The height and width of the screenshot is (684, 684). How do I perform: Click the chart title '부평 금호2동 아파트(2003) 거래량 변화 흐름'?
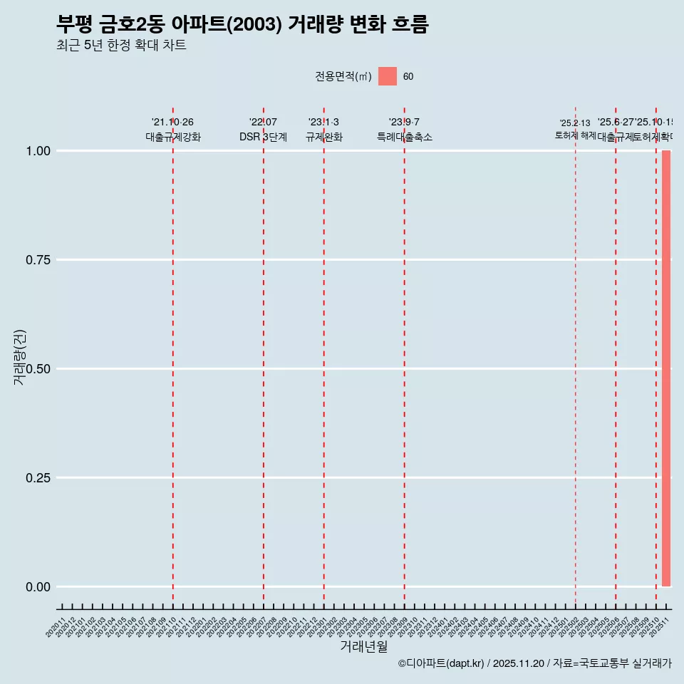[x=242, y=24]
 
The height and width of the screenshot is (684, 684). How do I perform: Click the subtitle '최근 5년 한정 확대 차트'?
[x=121, y=46]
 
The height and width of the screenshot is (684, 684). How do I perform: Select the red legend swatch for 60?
[x=388, y=76]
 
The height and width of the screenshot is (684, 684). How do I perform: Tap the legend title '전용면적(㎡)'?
[x=343, y=76]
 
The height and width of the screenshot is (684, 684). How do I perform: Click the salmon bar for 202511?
[x=666, y=368]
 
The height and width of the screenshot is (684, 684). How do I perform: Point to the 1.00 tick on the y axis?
[x=38, y=151]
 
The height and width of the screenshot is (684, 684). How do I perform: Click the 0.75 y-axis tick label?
[x=38, y=260]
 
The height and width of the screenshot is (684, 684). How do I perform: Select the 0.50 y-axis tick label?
[x=38, y=369]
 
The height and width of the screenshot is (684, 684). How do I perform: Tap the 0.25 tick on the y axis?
[x=38, y=478]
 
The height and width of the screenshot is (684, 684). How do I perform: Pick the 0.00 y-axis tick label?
[x=38, y=587]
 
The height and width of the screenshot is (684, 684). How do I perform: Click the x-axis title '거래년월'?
[x=363, y=646]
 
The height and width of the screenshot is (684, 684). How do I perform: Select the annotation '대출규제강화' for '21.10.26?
[x=173, y=137]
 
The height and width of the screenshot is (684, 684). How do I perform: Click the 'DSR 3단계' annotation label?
[x=263, y=137]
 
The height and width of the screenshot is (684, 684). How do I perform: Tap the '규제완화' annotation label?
[x=324, y=137]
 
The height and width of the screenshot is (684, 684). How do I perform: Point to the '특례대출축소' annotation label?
[x=405, y=137]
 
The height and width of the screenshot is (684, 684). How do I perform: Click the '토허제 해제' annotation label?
[x=575, y=135]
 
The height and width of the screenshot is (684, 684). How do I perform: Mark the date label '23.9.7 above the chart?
[x=404, y=123]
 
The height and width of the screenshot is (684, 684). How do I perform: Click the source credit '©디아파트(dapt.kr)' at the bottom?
[x=441, y=663]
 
